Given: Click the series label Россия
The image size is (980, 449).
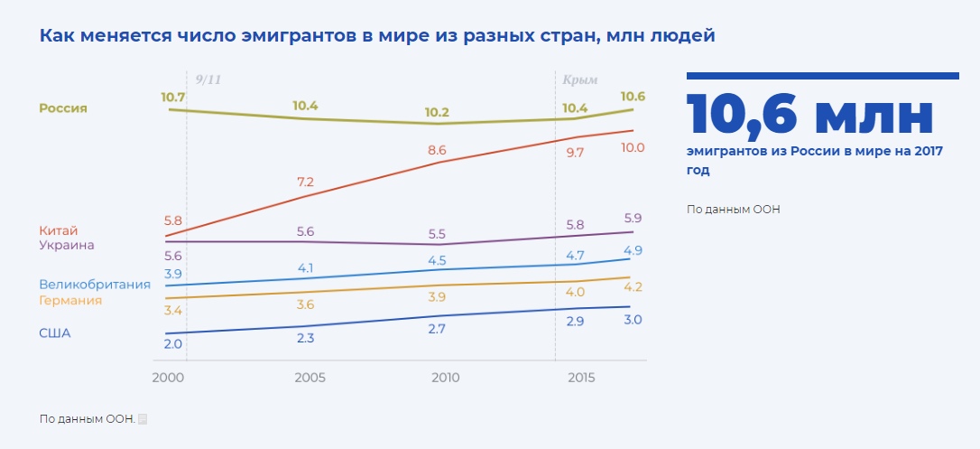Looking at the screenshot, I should (62, 108).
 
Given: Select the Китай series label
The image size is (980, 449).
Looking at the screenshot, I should (58, 230).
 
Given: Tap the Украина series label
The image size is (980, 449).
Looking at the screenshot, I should (66, 244).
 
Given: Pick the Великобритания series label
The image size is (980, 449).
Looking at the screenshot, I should (94, 285).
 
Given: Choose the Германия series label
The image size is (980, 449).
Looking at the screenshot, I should (70, 300).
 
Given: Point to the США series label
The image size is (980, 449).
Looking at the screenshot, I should (54, 332).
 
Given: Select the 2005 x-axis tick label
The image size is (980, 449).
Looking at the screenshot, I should (310, 376).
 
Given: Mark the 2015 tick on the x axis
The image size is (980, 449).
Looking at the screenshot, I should (581, 376).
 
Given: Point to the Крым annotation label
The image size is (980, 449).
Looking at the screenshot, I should (580, 80).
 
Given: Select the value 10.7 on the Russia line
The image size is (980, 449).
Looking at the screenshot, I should (173, 97).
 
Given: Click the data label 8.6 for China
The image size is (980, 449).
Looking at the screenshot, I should (437, 150).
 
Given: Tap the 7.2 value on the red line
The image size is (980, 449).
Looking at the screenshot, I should (305, 182).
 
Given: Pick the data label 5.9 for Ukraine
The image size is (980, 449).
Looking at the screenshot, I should (633, 218).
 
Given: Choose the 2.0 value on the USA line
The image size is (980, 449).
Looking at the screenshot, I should (173, 343).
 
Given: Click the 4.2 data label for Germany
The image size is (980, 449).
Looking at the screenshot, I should (633, 287).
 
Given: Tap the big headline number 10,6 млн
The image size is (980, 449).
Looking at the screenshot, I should (809, 115).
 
